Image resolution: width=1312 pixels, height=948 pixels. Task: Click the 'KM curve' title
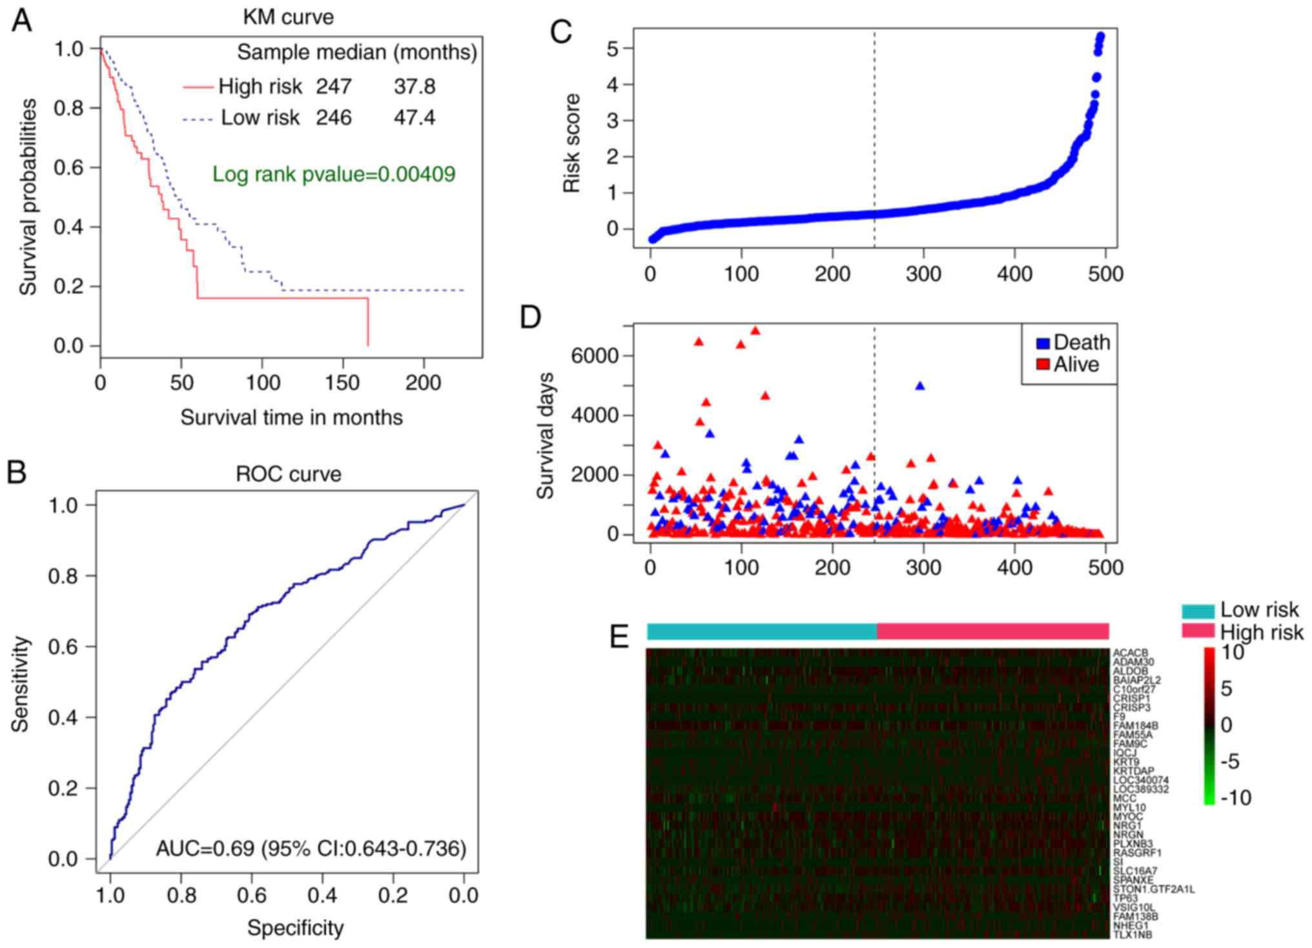click(288, 17)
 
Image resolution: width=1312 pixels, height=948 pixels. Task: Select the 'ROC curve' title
click(288, 474)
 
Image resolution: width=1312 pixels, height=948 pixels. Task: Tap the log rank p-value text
click(334, 174)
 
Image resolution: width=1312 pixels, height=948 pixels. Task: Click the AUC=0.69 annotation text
click(311, 848)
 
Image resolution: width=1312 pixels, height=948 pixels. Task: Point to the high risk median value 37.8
click(415, 86)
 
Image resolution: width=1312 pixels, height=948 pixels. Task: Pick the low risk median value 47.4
click(415, 118)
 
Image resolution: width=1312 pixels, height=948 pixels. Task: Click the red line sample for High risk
click(198, 87)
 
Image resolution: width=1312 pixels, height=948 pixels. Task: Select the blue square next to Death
click(1043, 343)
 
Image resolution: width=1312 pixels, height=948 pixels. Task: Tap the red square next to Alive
click(1043, 364)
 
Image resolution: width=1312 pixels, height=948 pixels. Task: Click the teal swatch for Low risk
click(1198, 611)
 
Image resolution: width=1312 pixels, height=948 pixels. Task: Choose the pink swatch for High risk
click(1198, 631)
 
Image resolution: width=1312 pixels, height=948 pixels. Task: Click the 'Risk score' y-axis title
click(572, 143)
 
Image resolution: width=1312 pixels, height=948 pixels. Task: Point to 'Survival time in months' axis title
click(291, 417)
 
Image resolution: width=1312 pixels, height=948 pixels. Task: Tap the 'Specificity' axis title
click(295, 928)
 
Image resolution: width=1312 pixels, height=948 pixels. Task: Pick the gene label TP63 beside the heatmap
click(1125, 898)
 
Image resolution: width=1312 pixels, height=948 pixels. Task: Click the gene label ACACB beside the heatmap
click(1130, 653)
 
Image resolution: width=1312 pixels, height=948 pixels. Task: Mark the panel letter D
click(530, 317)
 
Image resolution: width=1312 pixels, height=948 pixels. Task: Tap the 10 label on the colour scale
click(1233, 653)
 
